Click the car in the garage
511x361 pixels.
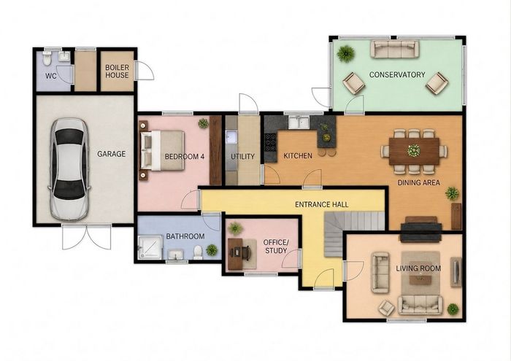[x=69, y=169]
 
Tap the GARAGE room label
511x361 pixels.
[x=111, y=154]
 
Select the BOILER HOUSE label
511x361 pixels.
[x=117, y=71]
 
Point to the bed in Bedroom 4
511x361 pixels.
[x=162, y=150]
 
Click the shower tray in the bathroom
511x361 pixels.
[x=150, y=247]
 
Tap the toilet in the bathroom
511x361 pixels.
[x=198, y=252]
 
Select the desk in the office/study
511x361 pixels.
[x=235, y=254]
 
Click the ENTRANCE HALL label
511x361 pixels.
[x=321, y=204]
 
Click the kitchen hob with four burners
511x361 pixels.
[x=270, y=142]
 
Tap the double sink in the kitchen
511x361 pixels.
[x=298, y=122]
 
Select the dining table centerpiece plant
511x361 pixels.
[x=414, y=150]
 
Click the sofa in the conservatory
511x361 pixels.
[x=395, y=49]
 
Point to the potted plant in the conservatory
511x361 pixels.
[x=346, y=53]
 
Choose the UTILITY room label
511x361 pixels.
[x=242, y=157]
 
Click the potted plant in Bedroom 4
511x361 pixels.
[x=204, y=123]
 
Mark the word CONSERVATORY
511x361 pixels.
[x=397, y=74]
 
